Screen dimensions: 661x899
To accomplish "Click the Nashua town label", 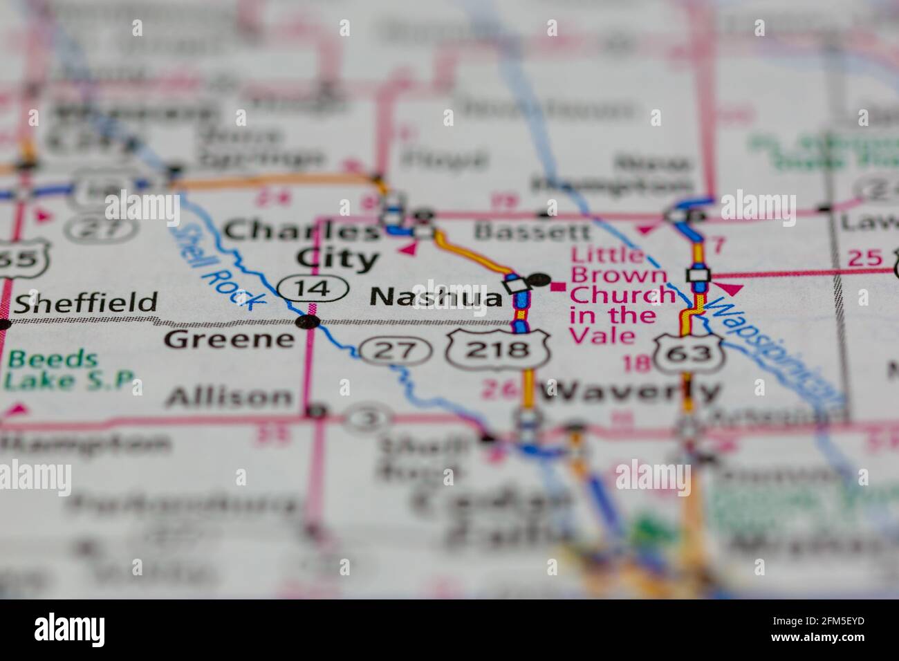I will (436, 297).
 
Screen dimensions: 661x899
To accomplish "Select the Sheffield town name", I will (86, 303).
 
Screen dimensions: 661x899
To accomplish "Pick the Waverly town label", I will (629, 392).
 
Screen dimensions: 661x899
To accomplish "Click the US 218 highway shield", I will (497, 350).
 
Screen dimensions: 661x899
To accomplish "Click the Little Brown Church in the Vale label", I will (620, 295).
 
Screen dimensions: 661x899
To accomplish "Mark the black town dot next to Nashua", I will (539, 281).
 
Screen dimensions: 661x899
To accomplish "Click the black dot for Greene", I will (308, 322).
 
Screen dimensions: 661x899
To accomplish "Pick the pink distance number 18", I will (636, 363).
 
